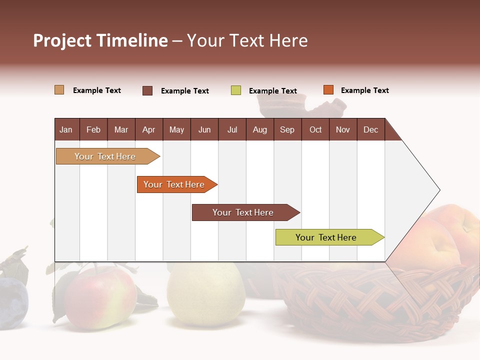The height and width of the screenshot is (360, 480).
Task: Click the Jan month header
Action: click(66, 130)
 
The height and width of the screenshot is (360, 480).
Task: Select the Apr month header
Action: click(148, 130)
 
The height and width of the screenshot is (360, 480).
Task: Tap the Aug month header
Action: click(259, 130)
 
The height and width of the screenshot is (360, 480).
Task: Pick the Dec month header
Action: click(370, 130)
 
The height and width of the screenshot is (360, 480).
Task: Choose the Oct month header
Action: click(315, 130)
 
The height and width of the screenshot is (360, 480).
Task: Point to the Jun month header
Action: click(204, 130)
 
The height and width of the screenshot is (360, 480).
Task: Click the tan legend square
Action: click(59, 90)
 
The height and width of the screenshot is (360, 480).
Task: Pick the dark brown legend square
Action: click(147, 90)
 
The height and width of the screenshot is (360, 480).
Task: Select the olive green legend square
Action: click(236, 90)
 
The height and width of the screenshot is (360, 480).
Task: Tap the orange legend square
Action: click(328, 90)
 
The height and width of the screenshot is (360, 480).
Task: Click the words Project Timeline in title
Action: click(100, 40)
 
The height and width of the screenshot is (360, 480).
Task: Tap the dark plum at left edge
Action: click(12, 297)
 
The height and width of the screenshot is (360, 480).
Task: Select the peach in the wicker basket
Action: click(445, 235)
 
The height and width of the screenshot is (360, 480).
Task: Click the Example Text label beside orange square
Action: click(364, 90)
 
